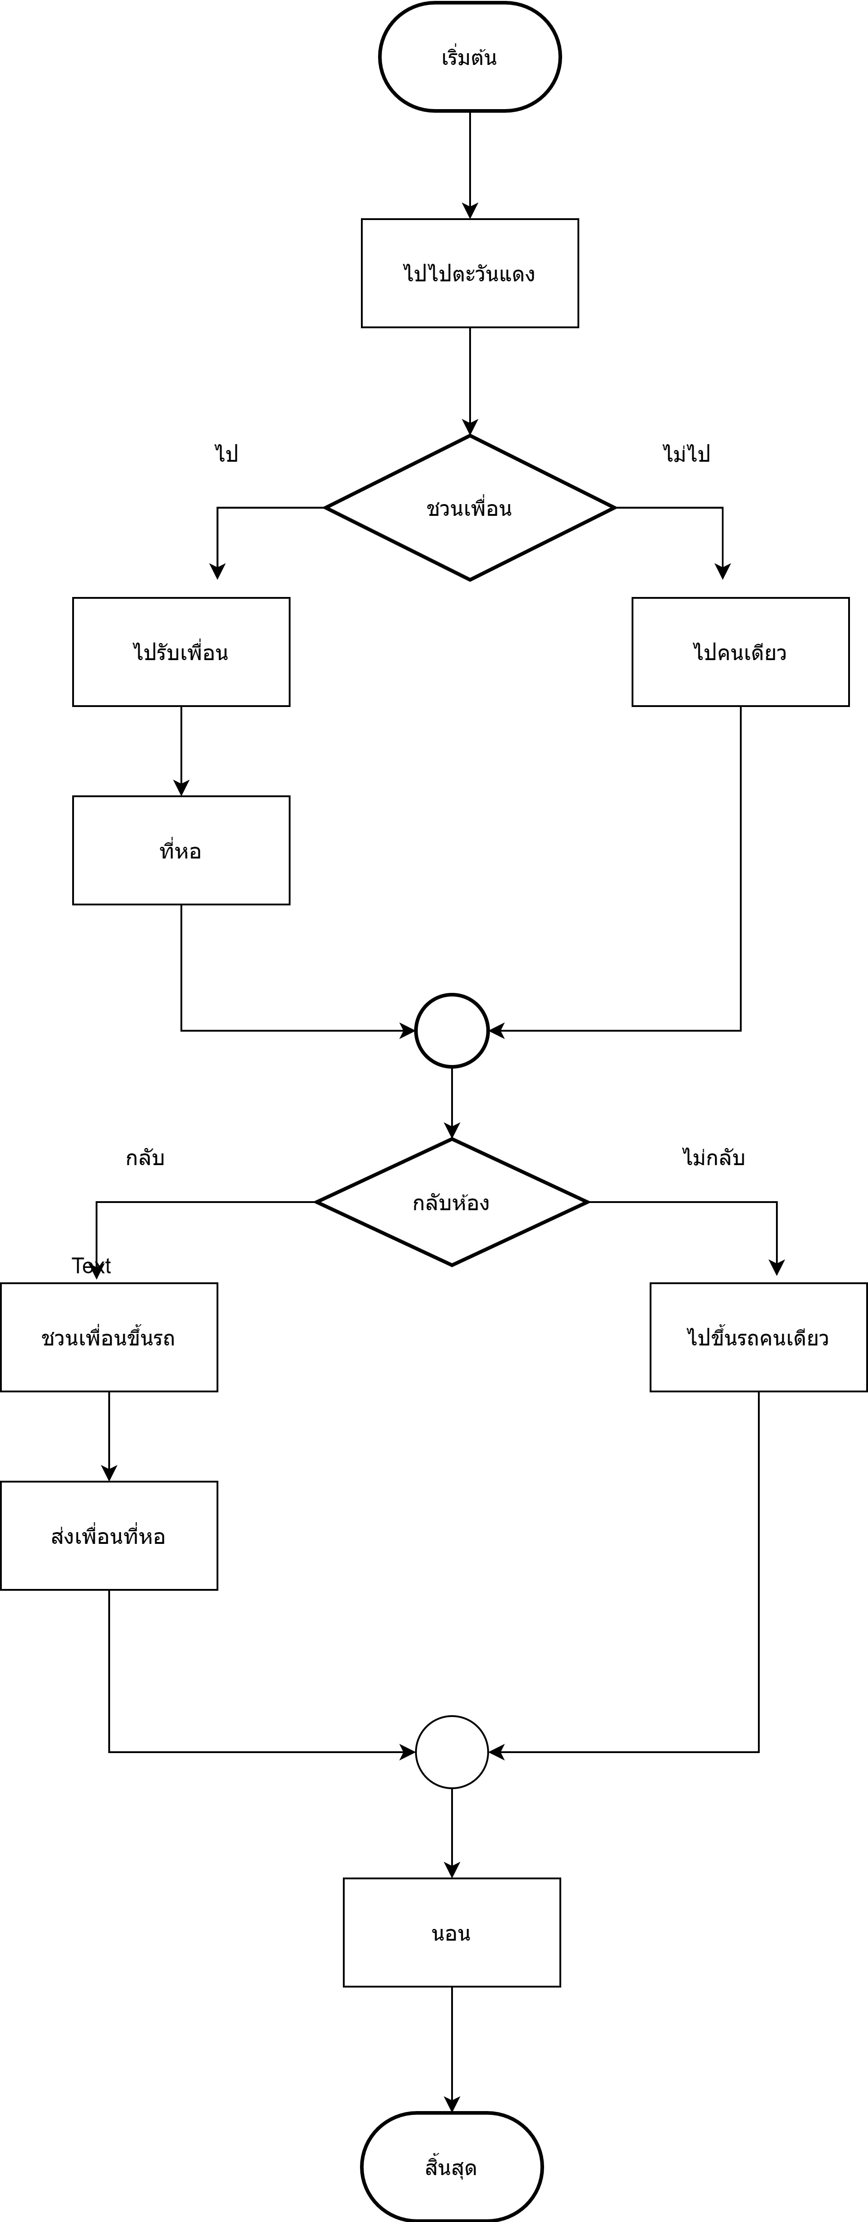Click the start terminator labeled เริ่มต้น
pos(469,57)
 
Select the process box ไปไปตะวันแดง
pos(469,273)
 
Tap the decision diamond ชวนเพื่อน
pos(469,508)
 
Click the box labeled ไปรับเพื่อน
pos(181,652)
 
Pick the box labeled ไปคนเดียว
pos(740,652)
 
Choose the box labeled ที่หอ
pos(181,850)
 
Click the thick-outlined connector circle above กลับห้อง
pos(452,1031)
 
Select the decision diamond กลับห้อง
pos(452,1203)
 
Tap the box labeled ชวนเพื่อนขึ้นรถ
pos(109,1338)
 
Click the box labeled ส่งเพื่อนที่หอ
pos(109,1536)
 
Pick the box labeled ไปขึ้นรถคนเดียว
pos(758,1338)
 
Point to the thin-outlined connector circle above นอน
pos(452,1752)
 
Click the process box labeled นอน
pos(452,1933)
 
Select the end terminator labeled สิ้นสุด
pos(452,2167)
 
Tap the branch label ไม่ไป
pos(687,454)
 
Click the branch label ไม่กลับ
pos(714,1157)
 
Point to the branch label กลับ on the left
pos(145,1157)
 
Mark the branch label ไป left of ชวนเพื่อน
pos(226,454)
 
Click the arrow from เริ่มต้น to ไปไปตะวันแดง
pos(469,164)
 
